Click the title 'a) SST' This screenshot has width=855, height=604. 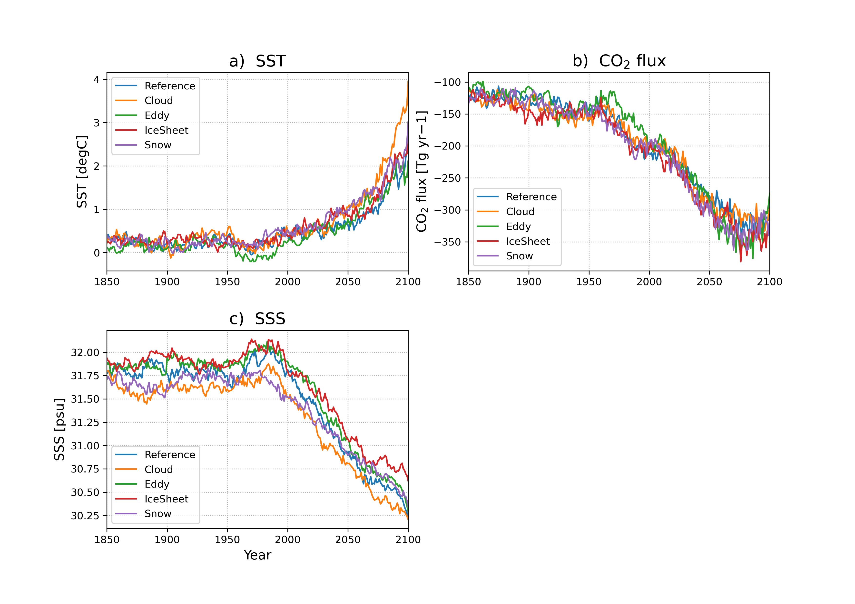[257, 61]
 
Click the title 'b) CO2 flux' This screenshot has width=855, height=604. [619, 61]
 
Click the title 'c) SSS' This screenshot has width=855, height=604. [257, 319]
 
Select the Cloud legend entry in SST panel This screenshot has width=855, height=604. [159, 100]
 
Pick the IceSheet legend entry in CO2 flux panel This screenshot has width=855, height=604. [528, 241]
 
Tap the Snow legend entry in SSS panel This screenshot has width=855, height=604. [158, 514]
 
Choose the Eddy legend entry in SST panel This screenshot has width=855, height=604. [157, 115]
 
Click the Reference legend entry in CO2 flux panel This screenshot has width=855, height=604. [531, 197]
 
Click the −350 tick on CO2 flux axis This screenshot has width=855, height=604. [447, 242]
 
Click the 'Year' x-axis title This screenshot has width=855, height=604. [257, 555]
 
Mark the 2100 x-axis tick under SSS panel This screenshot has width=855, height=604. [408, 540]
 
